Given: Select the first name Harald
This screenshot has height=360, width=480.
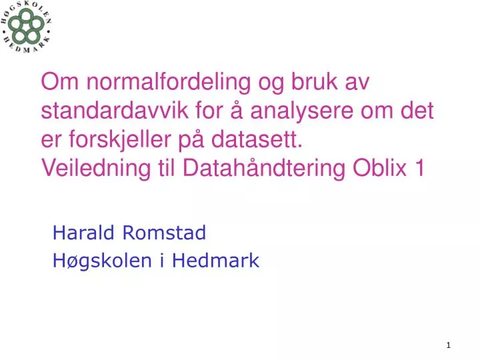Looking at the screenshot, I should tap(83, 233).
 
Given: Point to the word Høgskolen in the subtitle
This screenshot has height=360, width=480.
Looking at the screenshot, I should tap(103, 261).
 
